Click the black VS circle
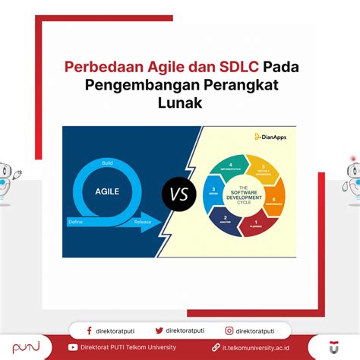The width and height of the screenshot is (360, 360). coord(179,195)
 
